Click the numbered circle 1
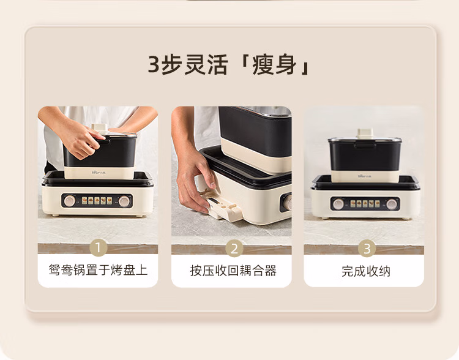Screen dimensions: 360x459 pyautogui.click(x=98, y=248)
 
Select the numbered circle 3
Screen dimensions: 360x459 pyautogui.click(x=365, y=248)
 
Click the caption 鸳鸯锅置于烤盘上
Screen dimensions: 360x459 pyautogui.click(x=98, y=271)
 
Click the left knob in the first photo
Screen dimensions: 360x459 pyautogui.click(x=70, y=201)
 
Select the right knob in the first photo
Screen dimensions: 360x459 pyautogui.click(x=125, y=201)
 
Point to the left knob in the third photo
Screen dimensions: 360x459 pyautogui.click(x=338, y=204)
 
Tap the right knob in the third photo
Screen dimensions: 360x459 pyautogui.click(x=392, y=204)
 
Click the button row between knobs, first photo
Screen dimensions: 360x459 pyautogui.click(x=97, y=201)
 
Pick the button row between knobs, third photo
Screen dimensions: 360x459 pyautogui.click(x=365, y=204)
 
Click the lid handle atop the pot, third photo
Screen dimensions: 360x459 pyautogui.click(x=365, y=133)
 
